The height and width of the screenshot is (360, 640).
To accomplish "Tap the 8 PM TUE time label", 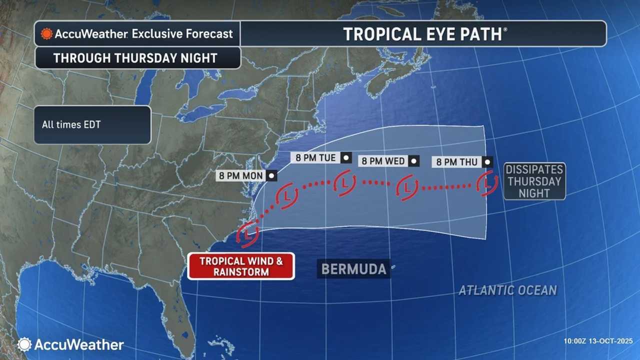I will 315,158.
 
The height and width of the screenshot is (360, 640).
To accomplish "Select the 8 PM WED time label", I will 383,161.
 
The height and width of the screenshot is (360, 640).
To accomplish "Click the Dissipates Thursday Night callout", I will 534,181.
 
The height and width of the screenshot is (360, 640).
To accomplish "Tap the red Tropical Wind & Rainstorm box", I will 241,266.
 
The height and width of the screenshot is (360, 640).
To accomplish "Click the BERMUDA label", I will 353,269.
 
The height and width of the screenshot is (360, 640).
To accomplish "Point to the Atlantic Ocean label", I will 507,290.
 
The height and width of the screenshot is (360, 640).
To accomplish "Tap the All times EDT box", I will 92,124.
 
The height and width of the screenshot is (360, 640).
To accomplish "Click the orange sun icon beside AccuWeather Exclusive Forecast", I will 46,34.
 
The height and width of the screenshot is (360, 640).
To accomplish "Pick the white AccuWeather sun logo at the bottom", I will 24,344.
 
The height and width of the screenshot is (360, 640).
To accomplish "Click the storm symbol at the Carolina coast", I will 248,233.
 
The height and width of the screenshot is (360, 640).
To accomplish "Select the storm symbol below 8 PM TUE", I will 344,183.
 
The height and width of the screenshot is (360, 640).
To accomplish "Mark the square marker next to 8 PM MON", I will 271,175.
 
